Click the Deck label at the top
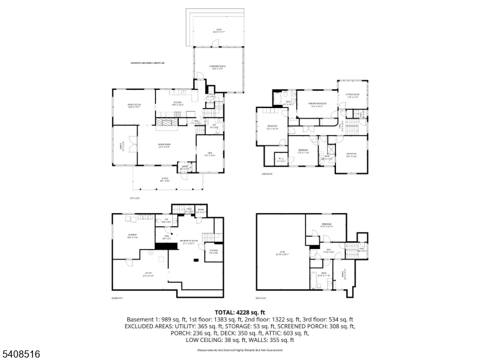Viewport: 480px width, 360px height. [x=218, y=30]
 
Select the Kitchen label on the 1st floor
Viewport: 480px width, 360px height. [x=178, y=103]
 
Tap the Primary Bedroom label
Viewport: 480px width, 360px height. [x=317, y=104]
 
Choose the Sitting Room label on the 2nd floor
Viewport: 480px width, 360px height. [x=352, y=95]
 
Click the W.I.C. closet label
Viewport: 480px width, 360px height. [x=281, y=159]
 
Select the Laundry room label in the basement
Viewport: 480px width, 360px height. [x=133, y=236]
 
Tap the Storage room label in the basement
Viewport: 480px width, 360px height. [x=213, y=251]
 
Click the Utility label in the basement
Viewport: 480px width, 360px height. [x=132, y=276]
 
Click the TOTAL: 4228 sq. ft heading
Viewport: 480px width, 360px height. [x=240, y=313]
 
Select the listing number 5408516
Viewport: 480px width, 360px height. [x=21, y=355]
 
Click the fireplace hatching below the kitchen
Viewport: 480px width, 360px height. [x=168, y=124]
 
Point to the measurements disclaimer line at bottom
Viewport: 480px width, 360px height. [x=240, y=349]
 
